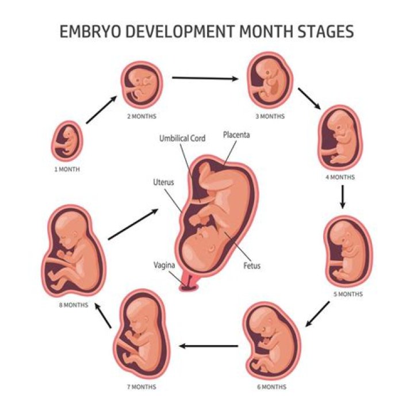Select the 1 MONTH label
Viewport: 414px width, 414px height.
[67, 169]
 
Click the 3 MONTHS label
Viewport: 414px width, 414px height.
[270, 116]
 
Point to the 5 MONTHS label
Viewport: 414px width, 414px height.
[348, 294]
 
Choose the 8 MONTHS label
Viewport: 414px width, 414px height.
[74, 305]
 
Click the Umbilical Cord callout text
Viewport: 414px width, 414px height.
[182, 139]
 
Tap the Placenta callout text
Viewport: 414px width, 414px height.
[236, 135]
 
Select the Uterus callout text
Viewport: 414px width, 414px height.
[163, 182]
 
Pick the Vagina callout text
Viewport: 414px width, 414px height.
[164, 265]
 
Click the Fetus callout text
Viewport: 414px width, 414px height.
[252, 266]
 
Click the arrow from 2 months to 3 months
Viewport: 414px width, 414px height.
[205, 78]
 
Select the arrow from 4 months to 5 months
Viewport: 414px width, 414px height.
[343, 197]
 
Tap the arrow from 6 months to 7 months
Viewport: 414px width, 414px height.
[209, 346]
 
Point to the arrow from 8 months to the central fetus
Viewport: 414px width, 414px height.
[133, 224]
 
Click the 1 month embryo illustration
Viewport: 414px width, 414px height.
[67, 141]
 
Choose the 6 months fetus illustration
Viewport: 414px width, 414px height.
[271, 341]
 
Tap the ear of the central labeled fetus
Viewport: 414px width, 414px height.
[211, 248]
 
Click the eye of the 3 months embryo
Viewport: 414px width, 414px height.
[268, 72]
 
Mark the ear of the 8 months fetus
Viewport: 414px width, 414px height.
[76, 235]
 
